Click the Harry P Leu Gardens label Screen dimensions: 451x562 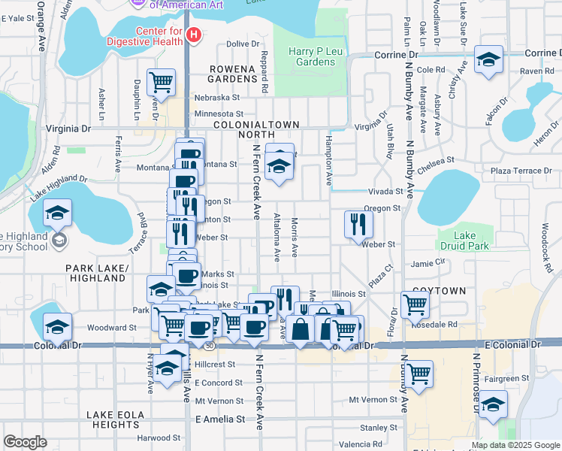pyautogui.click(x=312, y=56)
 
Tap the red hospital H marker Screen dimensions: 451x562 pyautogui.click(x=194, y=35)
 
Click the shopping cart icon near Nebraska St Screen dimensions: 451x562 pyautogui.click(x=161, y=80)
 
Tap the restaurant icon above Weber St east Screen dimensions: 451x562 pyautogui.click(x=358, y=223)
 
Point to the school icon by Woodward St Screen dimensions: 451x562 pyautogui.click(x=56, y=326)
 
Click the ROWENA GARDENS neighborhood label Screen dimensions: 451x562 pyautogui.click(x=234, y=73)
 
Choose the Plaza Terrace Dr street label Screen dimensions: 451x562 pyautogui.click(x=521, y=171)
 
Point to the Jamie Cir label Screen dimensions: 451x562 pyautogui.click(x=428, y=264)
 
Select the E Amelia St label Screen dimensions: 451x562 pyautogui.click(x=220, y=419)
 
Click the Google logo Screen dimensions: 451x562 pyautogui.click(x=25, y=442)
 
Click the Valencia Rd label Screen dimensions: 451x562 pyautogui.click(x=361, y=444)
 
